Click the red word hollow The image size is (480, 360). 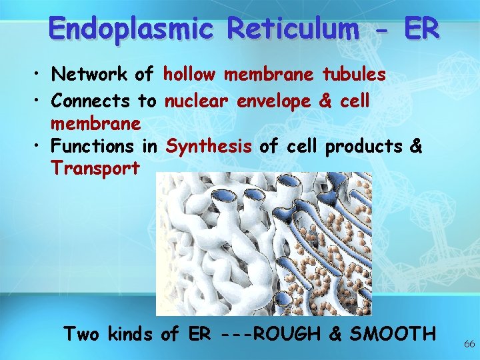tap(189, 75)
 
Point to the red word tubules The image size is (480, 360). tap(354, 75)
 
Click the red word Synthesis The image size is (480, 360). tap(209, 146)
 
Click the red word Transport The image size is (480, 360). tap(95, 168)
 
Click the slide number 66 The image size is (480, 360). tap(469, 344)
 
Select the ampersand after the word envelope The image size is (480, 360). tap(326, 101)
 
